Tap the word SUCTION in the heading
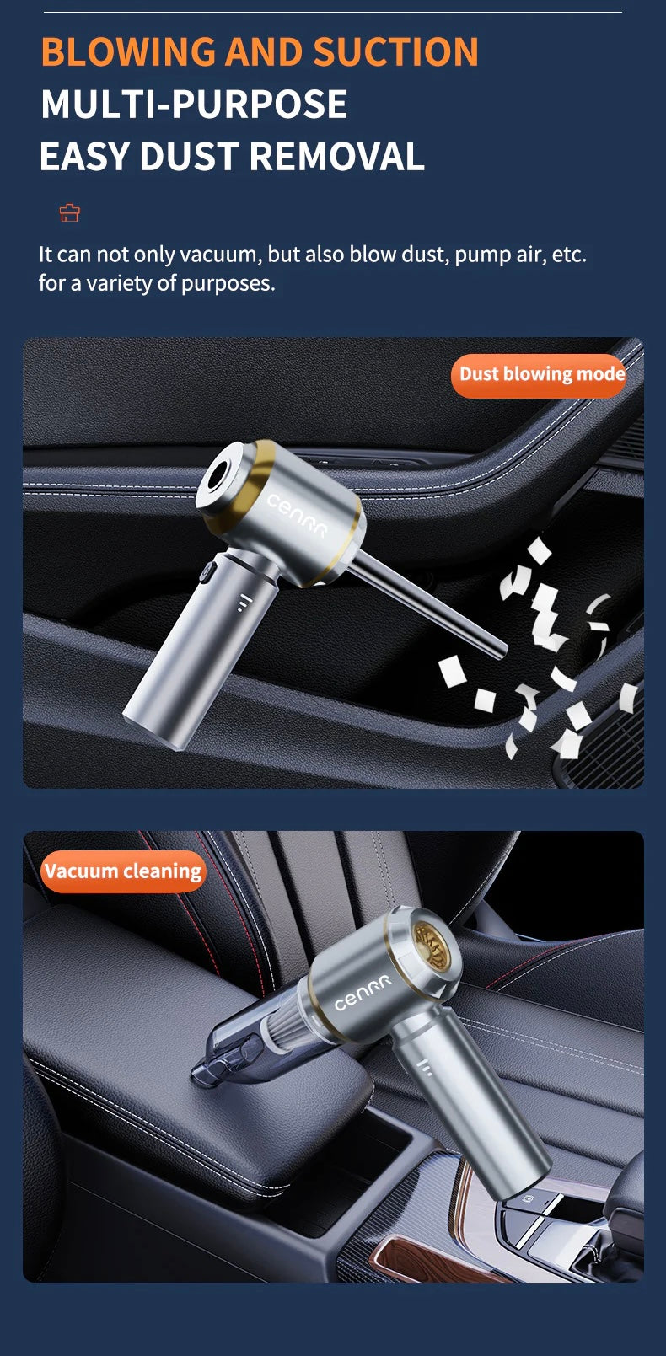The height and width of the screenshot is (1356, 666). [x=395, y=52]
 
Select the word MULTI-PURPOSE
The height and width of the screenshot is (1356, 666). [x=194, y=105]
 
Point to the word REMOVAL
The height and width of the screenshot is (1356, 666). [x=337, y=158]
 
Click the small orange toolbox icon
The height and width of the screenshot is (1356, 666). [x=69, y=213]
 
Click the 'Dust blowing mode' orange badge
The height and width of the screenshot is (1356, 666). [x=540, y=375]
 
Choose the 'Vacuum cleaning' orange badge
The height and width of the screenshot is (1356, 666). [x=123, y=871]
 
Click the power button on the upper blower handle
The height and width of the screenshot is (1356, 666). [x=205, y=577]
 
